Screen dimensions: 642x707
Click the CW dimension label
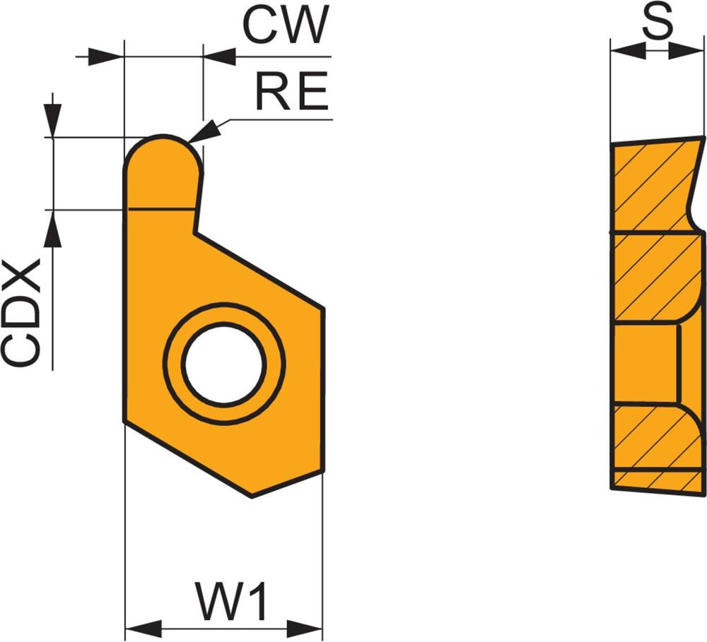[x=286, y=27]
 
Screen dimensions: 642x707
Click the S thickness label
[x=657, y=23]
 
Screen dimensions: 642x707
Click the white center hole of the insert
[x=223, y=364]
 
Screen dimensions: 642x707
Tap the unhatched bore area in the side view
[x=647, y=365]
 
